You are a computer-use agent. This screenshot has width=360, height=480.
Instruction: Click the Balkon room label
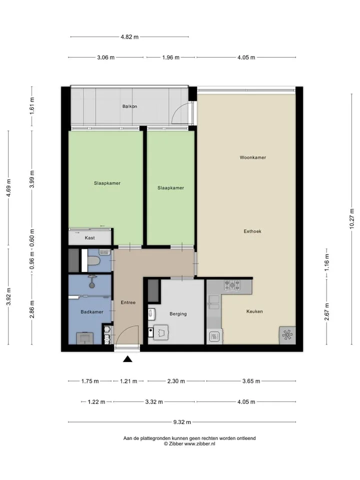coord(129,106)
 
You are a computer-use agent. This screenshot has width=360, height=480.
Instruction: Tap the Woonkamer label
coord(253,157)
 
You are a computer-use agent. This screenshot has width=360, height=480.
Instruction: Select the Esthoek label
coord(252,231)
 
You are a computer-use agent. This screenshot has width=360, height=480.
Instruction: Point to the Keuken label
coord(254,311)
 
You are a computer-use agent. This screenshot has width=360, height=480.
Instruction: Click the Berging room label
coord(178,314)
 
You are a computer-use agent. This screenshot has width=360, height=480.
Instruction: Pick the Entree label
coord(128,302)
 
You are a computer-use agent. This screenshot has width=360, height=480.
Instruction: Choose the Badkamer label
coord(92,312)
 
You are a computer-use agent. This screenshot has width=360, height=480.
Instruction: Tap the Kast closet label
coord(89,238)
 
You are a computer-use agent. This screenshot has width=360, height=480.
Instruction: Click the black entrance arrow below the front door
coord(127,359)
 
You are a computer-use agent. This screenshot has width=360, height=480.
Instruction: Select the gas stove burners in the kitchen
coord(232,285)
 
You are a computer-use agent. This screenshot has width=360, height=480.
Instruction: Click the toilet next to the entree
coord(93,261)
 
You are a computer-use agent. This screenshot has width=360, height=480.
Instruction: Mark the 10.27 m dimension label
coord(351,218)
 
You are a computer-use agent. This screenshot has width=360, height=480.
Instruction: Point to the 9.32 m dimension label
coord(182,422)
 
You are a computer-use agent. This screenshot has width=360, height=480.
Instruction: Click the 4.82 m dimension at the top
coord(129,37)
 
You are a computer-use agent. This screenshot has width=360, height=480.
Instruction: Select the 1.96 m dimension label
coord(171,57)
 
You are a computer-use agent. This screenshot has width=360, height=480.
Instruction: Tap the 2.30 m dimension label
coord(176,381)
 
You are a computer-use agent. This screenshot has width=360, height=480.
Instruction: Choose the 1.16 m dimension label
coord(327,262)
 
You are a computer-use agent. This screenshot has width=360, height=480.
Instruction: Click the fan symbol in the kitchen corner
coord(287,334)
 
